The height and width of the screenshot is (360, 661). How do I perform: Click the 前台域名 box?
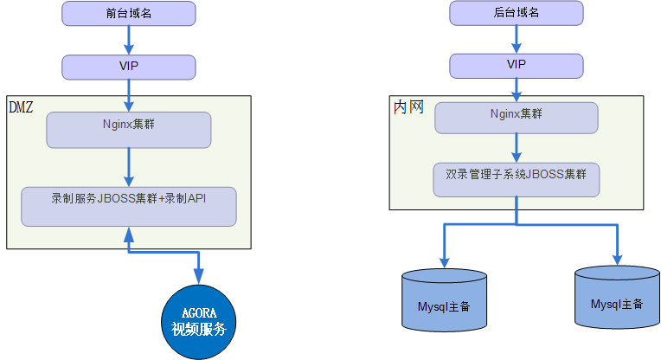129,13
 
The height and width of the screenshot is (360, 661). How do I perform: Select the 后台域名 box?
516,13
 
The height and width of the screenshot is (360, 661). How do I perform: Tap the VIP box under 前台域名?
129,66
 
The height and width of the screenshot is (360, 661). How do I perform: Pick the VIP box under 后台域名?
516,65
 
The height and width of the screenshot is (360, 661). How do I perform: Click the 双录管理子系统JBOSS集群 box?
516,178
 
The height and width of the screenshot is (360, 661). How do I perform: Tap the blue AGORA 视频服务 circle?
198,320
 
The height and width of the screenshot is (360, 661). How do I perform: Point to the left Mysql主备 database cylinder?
444,303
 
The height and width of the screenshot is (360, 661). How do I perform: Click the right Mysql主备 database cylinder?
616,301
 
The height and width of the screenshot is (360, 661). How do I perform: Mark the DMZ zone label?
21,106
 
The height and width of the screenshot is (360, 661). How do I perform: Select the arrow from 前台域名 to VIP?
129,39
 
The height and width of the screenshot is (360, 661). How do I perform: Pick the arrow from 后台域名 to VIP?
517,39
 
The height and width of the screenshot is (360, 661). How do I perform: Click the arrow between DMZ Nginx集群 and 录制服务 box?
129,166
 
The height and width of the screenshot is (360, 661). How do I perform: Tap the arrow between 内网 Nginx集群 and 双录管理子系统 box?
517,148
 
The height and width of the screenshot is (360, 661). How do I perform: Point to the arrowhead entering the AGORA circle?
198,277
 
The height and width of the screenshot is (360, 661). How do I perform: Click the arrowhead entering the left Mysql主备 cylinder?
445,261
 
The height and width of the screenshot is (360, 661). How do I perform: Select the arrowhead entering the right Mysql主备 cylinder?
618,259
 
